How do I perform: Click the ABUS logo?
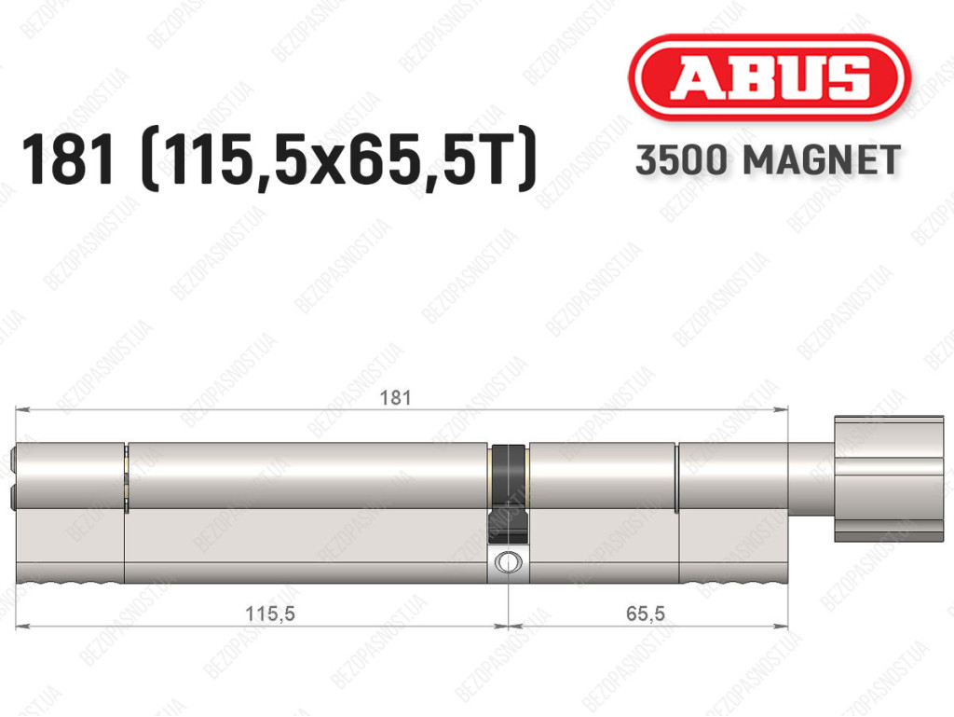click(769, 76)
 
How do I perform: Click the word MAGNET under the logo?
click(822, 160)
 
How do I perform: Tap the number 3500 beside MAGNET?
click(681, 160)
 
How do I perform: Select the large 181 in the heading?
click(67, 159)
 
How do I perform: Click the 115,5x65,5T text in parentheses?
click(339, 160)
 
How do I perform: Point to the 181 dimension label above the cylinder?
click(395, 397)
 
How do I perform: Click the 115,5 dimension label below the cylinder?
click(269, 613)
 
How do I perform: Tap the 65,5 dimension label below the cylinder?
click(645, 613)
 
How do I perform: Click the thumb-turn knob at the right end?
click(889, 479)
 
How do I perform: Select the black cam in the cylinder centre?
click(508, 494)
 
